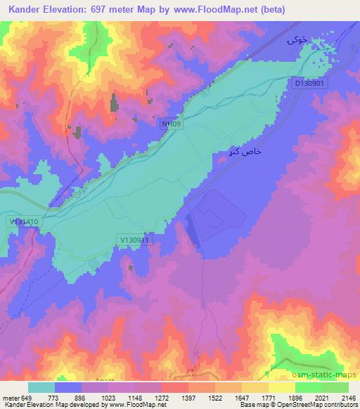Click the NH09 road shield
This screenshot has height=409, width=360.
click(170, 124)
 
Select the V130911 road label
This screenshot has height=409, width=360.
click(136, 240)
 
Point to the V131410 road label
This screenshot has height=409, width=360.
click(24, 221)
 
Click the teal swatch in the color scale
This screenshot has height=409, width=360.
click(41, 387)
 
